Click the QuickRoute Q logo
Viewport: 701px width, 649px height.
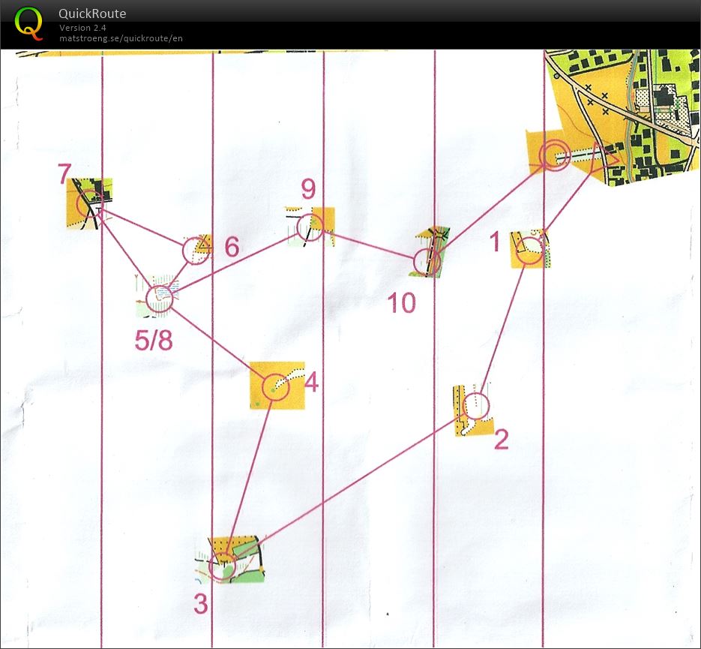pyautogui.click(x=28, y=24)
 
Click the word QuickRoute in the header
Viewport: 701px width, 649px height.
pyautogui.click(x=92, y=14)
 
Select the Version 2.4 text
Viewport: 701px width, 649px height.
pyautogui.click(x=82, y=28)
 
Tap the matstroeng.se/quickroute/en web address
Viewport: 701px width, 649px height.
pyautogui.click(x=121, y=38)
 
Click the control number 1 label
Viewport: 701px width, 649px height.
pyautogui.click(x=495, y=242)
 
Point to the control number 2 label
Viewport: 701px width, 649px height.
pyautogui.click(x=501, y=439)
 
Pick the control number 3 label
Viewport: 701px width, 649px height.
pyautogui.click(x=201, y=604)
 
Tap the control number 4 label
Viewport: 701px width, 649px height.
pyautogui.click(x=311, y=383)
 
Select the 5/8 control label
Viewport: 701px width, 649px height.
pyautogui.click(x=154, y=341)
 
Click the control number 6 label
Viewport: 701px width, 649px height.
pyautogui.click(x=232, y=247)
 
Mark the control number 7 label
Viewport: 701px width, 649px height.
pyautogui.click(x=64, y=173)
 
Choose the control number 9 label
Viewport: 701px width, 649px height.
pyautogui.click(x=308, y=189)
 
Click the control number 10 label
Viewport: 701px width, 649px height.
pyautogui.click(x=401, y=303)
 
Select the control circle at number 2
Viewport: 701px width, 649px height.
pyautogui.click(x=463, y=406)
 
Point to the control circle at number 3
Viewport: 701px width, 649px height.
pyautogui.click(x=209, y=566)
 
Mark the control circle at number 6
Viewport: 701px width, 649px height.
pyautogui.click(x=183, y=251)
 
